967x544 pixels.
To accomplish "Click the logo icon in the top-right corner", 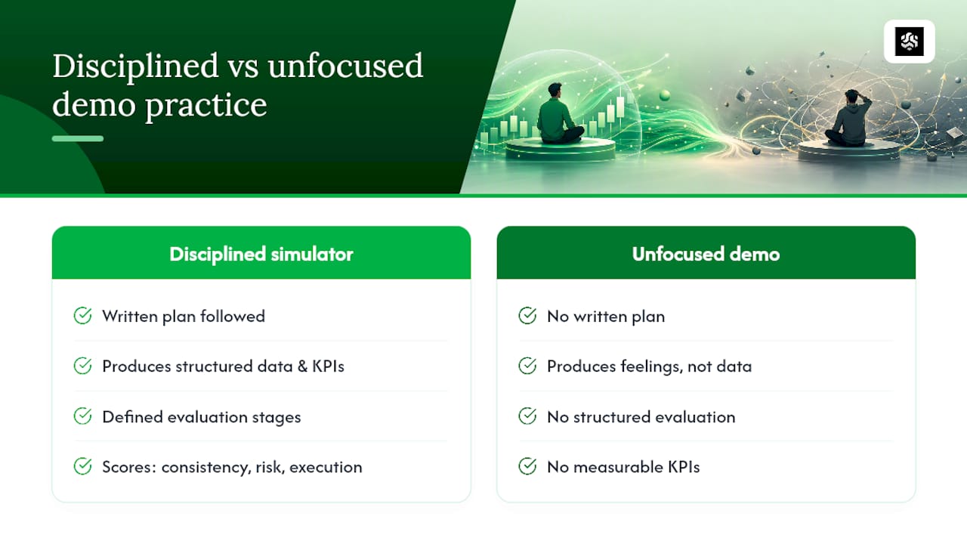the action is [x=909, y=42].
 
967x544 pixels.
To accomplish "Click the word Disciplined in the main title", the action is [x=135, y=66].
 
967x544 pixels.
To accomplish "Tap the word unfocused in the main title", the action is [x=345, y=66].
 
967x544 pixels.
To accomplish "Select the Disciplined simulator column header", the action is [x=261, y=254].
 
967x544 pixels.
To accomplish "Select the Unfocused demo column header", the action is [x=706, y=254].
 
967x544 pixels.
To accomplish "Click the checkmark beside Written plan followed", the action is [x=82, y=316].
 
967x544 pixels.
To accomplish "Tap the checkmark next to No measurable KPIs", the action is [x=527, y=466].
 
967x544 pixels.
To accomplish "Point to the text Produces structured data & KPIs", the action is [x=223, y=366].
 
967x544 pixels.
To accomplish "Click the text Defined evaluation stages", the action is [x=202, y=417].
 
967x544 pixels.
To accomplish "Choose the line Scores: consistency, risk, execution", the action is [x=232, y=467].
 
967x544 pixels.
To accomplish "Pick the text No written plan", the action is [x=606, y=317].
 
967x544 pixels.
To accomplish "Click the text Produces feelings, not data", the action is [x=649, y=366].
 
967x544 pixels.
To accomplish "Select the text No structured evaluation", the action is [x=641, y=417].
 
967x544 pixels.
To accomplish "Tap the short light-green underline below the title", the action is [x=78, y=138].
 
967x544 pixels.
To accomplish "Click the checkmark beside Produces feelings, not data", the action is [x=527, y=366].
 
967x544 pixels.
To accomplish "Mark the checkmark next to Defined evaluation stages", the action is [x=82, y=416].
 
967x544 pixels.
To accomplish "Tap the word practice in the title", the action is [x=206, y=105].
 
